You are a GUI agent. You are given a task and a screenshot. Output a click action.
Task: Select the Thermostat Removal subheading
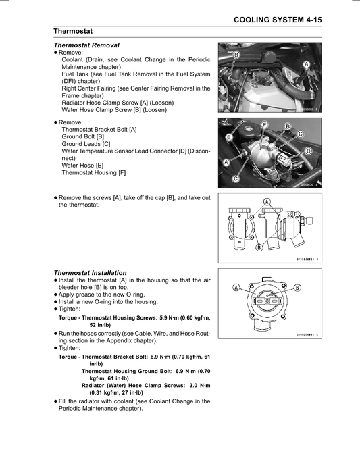[x=86, y=45]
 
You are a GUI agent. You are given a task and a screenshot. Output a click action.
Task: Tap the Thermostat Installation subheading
[x=91, y=272]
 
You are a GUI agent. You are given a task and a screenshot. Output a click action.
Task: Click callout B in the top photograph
[x=236, y=55]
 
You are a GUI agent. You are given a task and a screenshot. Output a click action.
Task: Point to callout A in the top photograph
[x=306, y=64]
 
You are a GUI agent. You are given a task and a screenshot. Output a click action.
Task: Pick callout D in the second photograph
[x=308, y=151]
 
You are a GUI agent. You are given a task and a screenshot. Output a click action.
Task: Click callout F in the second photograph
[x=265, y=125]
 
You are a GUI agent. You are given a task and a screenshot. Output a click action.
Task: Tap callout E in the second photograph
[x=229, y=137]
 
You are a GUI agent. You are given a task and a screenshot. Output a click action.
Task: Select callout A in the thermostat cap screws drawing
[x=267, y=201]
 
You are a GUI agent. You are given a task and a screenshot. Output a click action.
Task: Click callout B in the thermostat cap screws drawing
[x=259, y=247]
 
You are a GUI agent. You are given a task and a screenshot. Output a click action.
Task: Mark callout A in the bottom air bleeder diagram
[x=236, y=287]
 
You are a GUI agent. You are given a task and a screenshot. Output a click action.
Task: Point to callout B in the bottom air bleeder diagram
[x=297, y=287]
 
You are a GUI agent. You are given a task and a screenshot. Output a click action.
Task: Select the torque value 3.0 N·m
[x=200, y=385]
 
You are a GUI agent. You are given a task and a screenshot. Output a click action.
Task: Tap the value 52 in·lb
[x=100, y=325]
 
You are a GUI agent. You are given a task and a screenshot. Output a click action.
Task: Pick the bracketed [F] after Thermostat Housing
[x=122, y=173]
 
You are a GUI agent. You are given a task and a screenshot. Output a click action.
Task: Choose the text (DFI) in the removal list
[x=69, y=81]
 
